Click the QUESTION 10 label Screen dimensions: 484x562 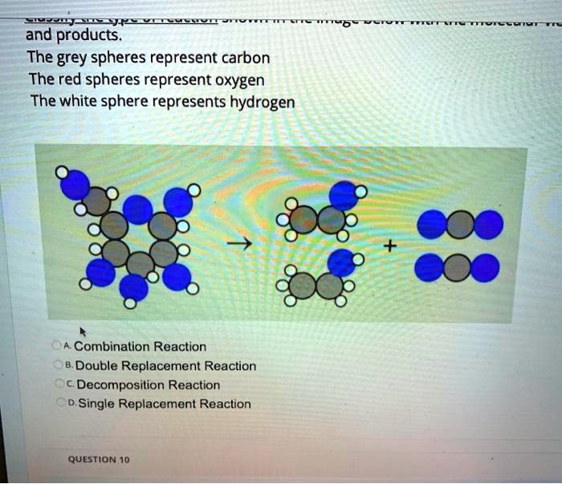coord(99,460)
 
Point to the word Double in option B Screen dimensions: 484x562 coord(94,366)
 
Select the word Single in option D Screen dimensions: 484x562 coord(96,404)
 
